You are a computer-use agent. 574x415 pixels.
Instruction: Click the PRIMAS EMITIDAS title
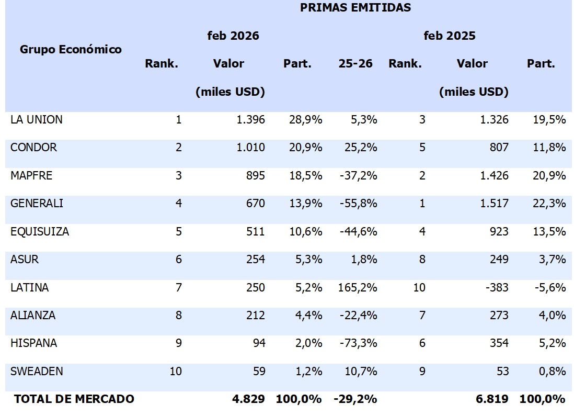355,8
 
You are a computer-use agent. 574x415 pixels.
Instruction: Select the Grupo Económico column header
71,50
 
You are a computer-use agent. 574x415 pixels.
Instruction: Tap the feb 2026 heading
233,36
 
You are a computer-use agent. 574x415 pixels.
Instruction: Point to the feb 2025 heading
450,36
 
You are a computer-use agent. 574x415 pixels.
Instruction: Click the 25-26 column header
355,64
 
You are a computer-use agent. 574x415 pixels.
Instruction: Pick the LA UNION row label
36,120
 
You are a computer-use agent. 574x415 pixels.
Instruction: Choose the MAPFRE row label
31,176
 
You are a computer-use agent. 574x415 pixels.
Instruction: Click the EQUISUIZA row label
40,232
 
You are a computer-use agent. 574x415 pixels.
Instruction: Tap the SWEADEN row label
37,372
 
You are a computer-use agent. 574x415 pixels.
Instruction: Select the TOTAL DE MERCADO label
74,399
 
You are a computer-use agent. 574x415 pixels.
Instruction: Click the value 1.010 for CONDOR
251,148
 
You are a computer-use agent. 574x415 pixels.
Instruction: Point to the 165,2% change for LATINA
358,288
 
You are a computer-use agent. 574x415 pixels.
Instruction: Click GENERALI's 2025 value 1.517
495,204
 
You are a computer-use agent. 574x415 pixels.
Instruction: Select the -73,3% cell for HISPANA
358,344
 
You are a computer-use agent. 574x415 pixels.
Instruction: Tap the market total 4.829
248,399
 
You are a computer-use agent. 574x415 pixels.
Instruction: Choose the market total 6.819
492,399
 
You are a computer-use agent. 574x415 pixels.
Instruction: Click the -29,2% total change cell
355,399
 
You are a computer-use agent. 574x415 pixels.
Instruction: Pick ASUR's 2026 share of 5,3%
306,260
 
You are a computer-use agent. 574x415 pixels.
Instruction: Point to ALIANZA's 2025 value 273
498,316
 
